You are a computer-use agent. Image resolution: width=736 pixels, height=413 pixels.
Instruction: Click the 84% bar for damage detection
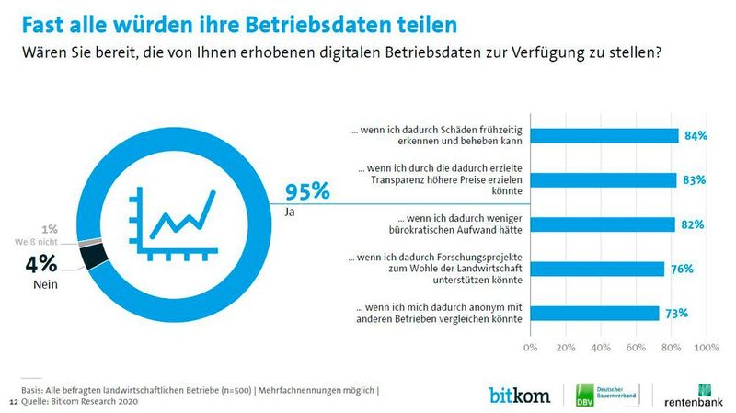point(604,135)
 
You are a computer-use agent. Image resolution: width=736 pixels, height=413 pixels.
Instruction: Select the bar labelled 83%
point(603,179)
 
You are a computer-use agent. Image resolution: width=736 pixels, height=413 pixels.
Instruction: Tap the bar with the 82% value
point(602,224)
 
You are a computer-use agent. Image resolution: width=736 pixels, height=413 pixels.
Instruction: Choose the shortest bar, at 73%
point(594,313)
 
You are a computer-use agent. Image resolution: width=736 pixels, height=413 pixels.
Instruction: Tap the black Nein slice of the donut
point(95,257)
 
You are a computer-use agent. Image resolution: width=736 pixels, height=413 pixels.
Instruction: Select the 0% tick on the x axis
point(530,349)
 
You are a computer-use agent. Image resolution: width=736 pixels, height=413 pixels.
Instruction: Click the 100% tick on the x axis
point(705,349)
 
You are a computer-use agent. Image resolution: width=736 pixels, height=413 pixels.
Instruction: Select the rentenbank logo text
point(696,401)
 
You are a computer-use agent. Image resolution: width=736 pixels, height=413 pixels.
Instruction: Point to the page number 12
point(13,402)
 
